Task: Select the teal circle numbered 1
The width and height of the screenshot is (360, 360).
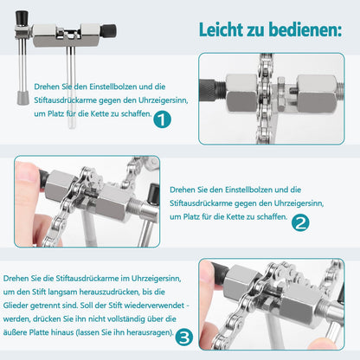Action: click(x=162, y=119)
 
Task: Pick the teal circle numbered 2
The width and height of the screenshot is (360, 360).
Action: click(x=300, y=222)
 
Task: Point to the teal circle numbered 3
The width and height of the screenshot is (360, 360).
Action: click(x=184, y=337)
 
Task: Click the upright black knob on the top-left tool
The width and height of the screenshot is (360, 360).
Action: click(x=22, y=18)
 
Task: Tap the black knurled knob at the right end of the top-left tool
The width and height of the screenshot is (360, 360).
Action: click(x=109, y=31)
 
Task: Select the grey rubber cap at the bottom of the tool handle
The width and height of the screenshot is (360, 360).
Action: click(x=22, y=98)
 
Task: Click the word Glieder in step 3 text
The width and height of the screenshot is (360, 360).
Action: click(x=16, y=305)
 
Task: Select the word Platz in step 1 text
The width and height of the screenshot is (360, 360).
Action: click(x=56, y=113)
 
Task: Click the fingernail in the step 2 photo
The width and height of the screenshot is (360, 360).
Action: click(x=24, y=172)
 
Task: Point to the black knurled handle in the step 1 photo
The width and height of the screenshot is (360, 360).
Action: click(x=207, y=91)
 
